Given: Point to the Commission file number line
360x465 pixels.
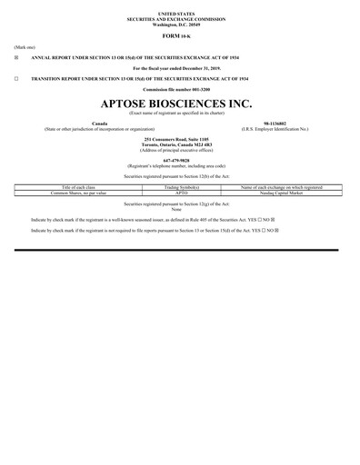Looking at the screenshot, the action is [180, 91].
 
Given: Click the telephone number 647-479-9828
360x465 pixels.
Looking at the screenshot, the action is [180, 160].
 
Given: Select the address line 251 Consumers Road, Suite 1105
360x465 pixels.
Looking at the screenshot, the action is [180, 138].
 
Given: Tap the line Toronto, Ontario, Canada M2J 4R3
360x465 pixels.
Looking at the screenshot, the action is [180, 143].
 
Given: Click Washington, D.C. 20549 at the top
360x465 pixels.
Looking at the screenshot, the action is [180, 21].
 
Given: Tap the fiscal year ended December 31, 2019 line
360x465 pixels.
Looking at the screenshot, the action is [180, 68].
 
